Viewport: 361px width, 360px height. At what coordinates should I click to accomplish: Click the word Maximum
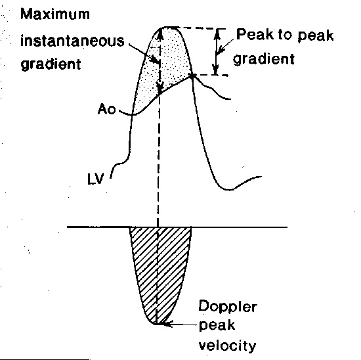click(55, 14)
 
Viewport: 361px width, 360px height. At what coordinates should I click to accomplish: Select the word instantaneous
click(72, 41)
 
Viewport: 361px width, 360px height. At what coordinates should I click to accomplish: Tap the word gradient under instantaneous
click(51, 64)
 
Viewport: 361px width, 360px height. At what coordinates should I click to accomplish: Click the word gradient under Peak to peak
click(264, 58)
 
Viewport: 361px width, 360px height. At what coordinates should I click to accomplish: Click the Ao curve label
click(106, 109)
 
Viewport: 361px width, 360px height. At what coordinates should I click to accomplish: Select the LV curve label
click(96, 179)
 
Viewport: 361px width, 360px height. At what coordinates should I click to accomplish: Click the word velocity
click(227, 346)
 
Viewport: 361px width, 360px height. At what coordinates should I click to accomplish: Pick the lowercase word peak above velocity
click(217, 326)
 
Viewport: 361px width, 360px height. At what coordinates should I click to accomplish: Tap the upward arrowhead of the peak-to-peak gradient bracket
click(217, 34)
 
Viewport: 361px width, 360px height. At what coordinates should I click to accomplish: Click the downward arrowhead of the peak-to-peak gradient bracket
click(215, 70)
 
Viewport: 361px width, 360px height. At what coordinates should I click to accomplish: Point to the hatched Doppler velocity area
click(161, 265)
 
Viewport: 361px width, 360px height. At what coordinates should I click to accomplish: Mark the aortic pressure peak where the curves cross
click(192, 76)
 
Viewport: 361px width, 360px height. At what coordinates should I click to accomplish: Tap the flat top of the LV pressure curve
click(170, 28)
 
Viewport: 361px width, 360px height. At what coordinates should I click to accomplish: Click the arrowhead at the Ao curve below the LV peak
click(159, 89)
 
